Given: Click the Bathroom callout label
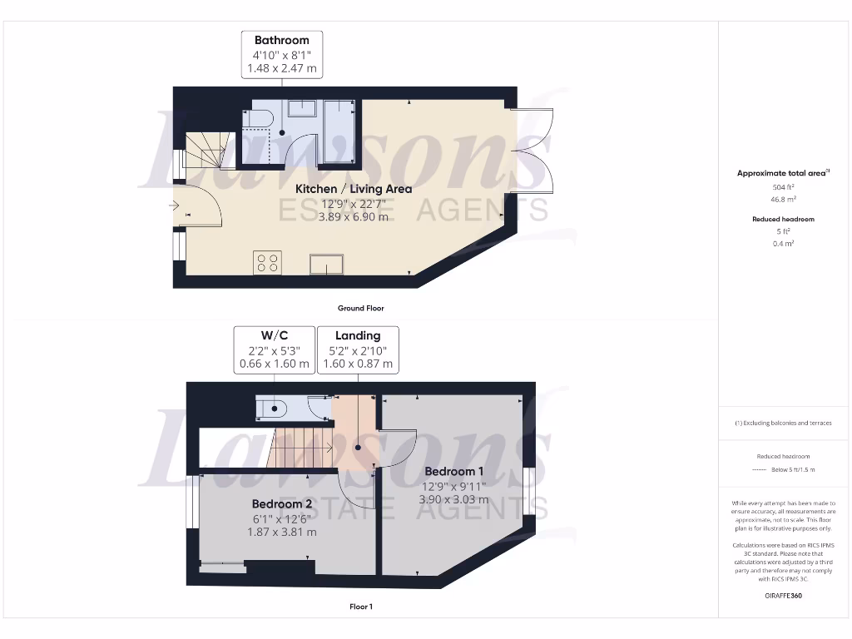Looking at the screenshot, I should [282, 40].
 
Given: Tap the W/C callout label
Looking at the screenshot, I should [275, 335].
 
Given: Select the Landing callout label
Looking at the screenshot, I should [358, 335].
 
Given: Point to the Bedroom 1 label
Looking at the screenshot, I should [453, 472].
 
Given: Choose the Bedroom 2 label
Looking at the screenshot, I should [282, 503].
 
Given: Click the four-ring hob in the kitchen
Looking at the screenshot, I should [268, 263].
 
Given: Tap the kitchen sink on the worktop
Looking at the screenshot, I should [329, 264].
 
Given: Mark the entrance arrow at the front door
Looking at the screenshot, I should [175, 205].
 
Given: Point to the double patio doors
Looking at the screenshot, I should [532, 151].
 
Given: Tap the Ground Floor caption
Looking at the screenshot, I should [361, 308].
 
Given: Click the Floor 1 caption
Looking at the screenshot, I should [361, 607].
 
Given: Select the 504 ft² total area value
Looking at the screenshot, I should [782, 187].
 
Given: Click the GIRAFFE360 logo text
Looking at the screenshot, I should [782, 596].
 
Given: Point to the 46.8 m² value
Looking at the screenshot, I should [782, 200].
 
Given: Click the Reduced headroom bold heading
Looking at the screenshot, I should [782, 219].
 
